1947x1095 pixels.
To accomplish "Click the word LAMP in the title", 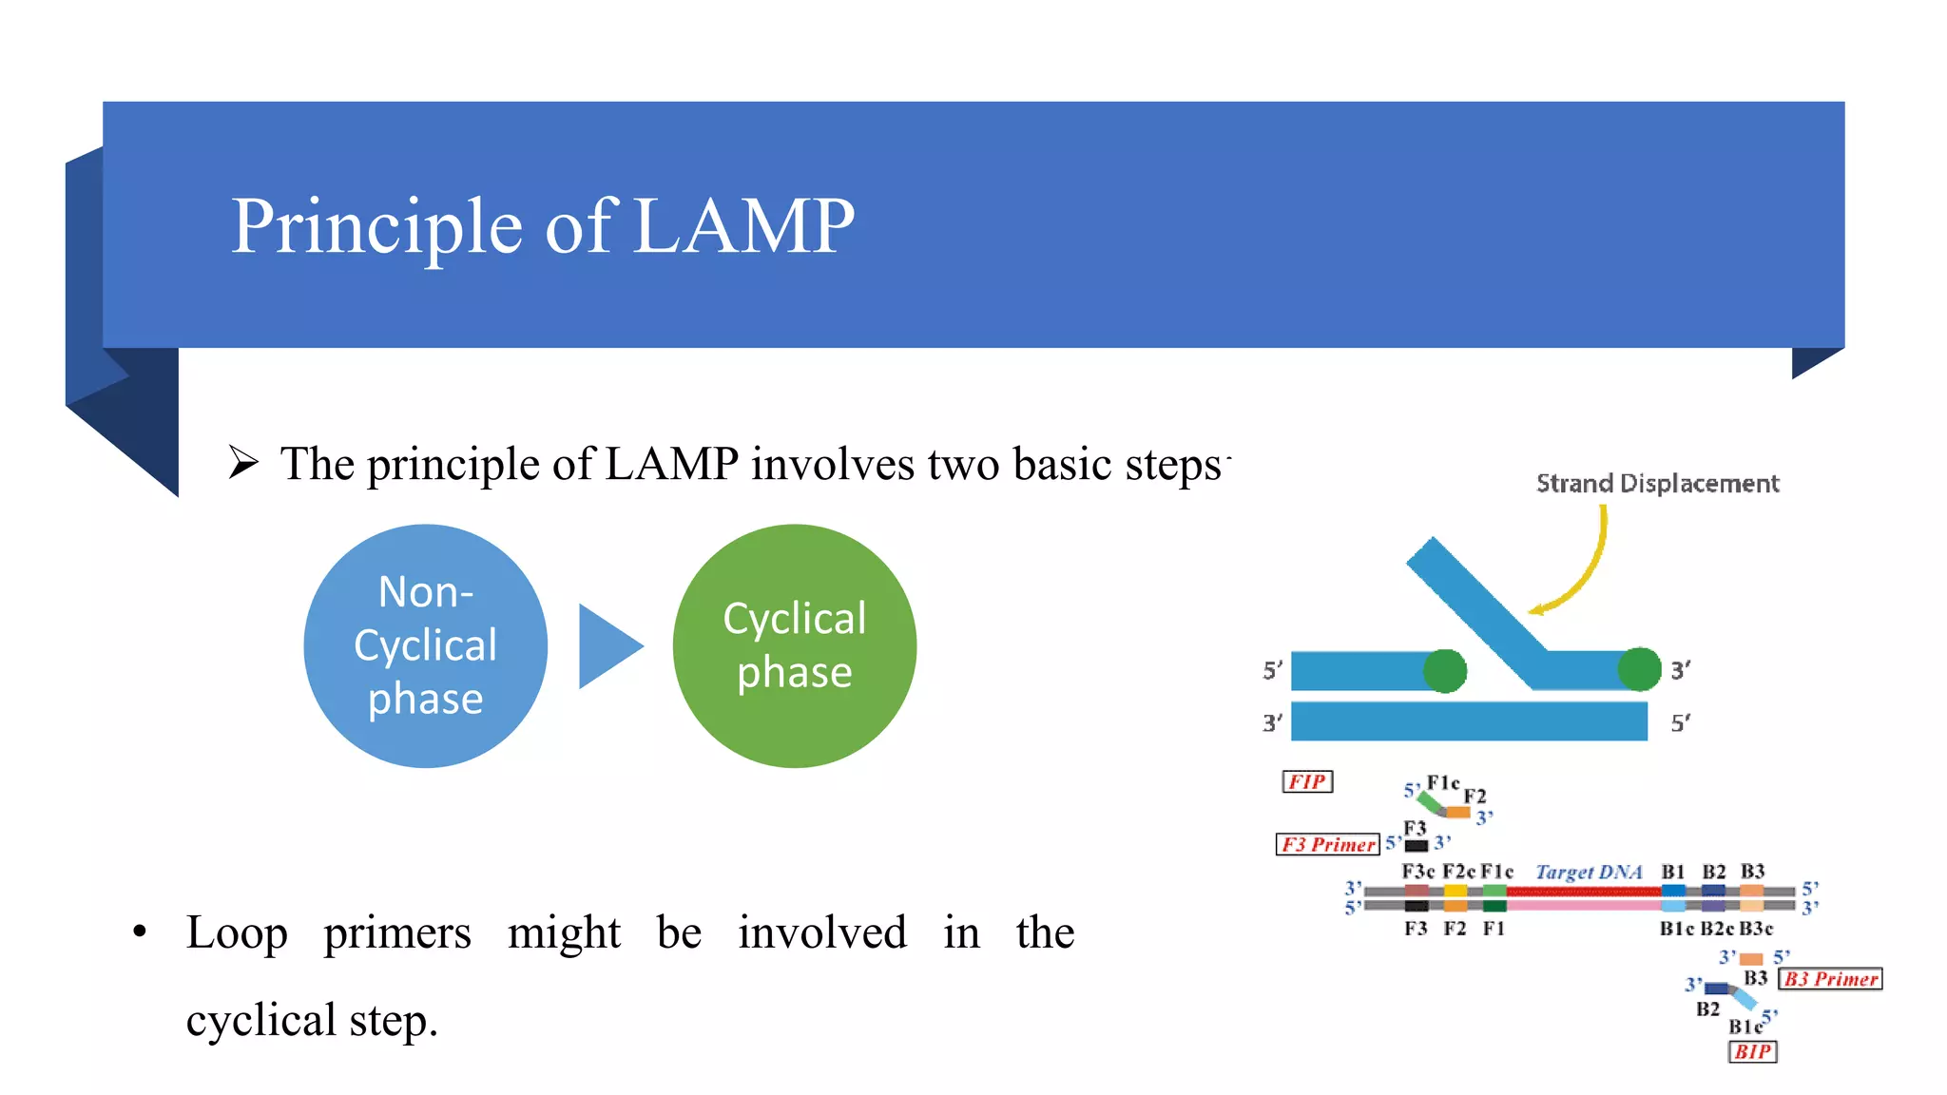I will click(x=743, y=226).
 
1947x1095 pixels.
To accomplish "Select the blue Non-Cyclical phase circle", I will click(x=425, y=646).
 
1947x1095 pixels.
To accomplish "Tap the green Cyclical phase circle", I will click(x=794, y=646).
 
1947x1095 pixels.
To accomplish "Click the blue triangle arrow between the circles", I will click(x=607, y=646).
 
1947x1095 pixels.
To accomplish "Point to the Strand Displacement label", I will click(x=1657, y=484).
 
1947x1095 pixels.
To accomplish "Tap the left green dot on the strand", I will click(x=1445, y=671).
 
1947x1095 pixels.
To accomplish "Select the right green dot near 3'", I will click(x=1639, y=669).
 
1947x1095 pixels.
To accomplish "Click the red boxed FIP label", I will click(x=1307, y=781).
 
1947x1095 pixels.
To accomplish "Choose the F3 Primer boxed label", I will click(x=1328, y=844).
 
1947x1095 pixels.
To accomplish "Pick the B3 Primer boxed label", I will click(x=1830, y=979).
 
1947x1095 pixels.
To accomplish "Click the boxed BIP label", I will click(x=1752, y=1051).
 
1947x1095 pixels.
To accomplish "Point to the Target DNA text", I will click(x=1589, y=872).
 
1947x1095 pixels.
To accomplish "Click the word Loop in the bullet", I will click(x=237, y=932).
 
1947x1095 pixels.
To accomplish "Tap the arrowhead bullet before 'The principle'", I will click(x=243, y=463).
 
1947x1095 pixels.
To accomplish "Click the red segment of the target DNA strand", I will click(x=1583, y=892).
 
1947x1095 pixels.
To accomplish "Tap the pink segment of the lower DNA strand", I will click(x=1583, y=905).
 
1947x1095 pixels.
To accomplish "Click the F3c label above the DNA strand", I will click(x=1417, y=872).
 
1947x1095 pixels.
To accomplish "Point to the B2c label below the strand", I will click(x=1717, y=929).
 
